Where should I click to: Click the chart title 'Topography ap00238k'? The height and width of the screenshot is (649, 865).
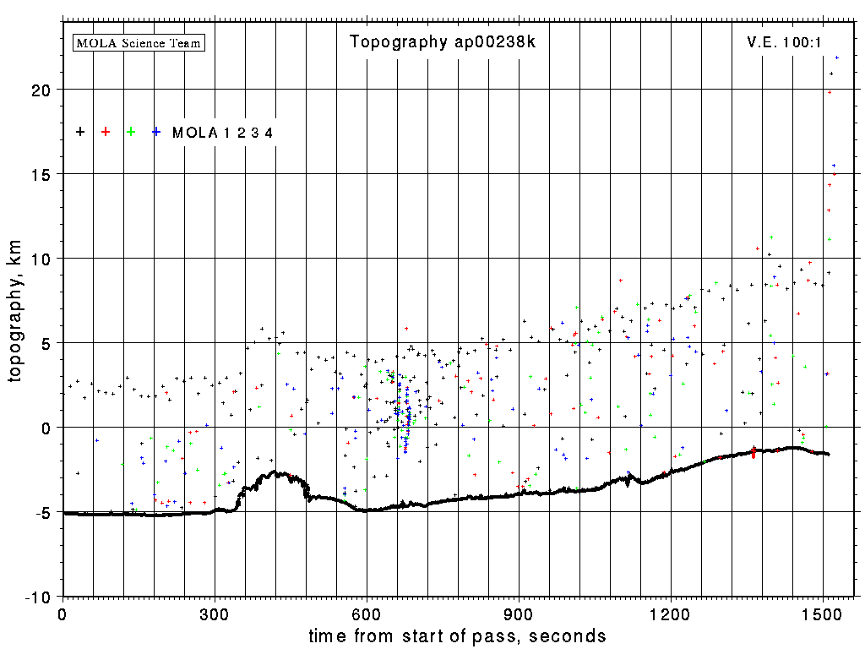(x=442, y=43)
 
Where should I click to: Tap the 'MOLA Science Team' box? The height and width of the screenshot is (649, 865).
(x=139, y=42)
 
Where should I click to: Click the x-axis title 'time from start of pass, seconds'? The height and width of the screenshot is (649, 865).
(x=457, y=635)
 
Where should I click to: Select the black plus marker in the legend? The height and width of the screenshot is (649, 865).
(x=80, y=132)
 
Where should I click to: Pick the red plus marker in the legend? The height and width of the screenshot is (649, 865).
(x=106, y=132)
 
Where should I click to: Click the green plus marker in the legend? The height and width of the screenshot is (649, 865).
(x=131, y=132)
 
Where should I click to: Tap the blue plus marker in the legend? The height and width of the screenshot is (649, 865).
(x=156, y=132)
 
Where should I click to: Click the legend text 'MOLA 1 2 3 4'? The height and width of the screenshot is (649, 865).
(x=222, y=133)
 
